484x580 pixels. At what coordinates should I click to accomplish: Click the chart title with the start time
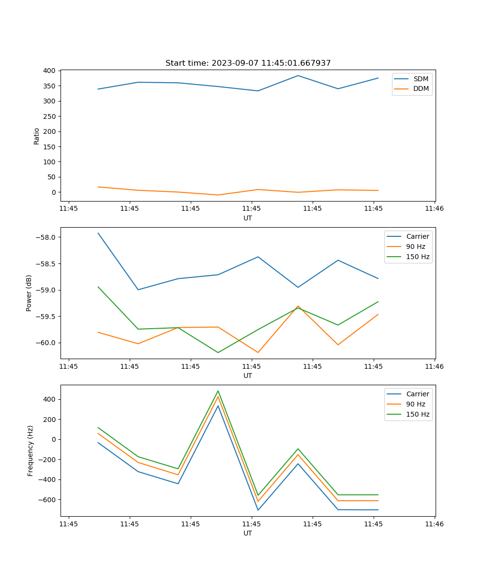pos(248,63)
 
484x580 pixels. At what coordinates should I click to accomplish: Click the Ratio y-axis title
pos(37,136)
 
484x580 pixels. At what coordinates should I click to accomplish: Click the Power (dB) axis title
pos(30,293)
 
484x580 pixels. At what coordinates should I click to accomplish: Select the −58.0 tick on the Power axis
pos(46,237)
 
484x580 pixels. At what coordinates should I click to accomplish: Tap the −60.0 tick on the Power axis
pos(46,343)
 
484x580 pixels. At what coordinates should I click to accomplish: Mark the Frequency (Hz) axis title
pos(30,450)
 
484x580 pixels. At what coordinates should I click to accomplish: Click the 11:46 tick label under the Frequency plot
pos(434,524)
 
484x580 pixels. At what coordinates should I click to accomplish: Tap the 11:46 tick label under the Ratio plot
pos(434,209)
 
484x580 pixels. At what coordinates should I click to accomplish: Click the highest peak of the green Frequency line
pos(218,391)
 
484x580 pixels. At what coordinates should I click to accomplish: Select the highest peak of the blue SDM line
pos(298,75)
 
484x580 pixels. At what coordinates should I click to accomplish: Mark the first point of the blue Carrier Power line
pos(98,233)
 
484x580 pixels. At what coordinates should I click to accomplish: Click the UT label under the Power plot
pos(248,376)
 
